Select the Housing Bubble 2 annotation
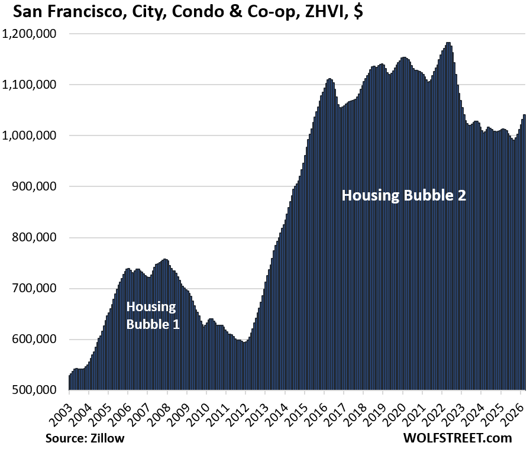click(x=404, y=195)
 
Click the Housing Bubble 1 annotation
click(x=152, y=315)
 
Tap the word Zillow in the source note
click(x=107, y=438)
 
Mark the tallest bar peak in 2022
click(x=448, y=43)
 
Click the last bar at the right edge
click(x=524, y=115)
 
